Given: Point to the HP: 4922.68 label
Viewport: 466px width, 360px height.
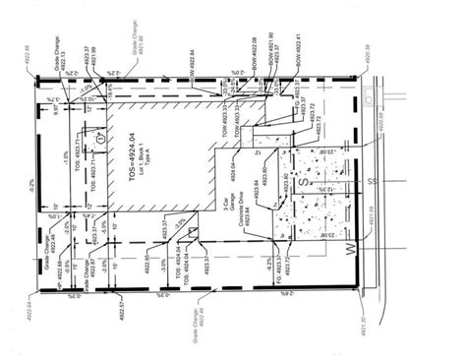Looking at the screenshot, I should click(59, 266).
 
